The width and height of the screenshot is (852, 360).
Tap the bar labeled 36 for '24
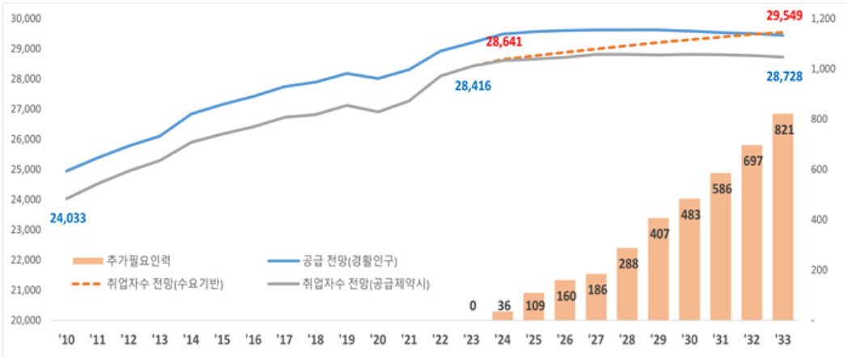click(x=502, y=316)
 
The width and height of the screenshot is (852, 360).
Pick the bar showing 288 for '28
click(x=627, y=283)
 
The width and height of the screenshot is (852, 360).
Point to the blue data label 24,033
click(x=68, y=218)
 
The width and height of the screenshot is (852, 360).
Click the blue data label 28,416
click(x=473, y=85)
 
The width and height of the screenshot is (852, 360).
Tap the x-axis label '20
click(x=377, y=338)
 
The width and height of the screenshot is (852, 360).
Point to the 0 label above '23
click(x=473, y=306)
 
